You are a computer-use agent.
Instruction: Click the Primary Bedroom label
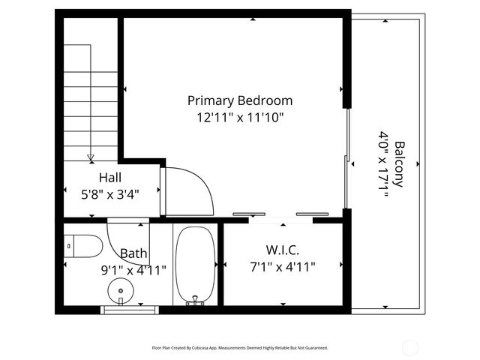[240, 100]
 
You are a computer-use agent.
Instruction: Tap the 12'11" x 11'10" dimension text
[240, 117]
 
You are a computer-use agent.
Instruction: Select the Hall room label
[110, 178]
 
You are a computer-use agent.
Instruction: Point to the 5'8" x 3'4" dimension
[110, 193]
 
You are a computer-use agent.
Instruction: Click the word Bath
[133, 253]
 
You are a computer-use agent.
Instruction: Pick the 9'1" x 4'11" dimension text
[133, 268]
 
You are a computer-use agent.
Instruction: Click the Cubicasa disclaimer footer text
[240, 348]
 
